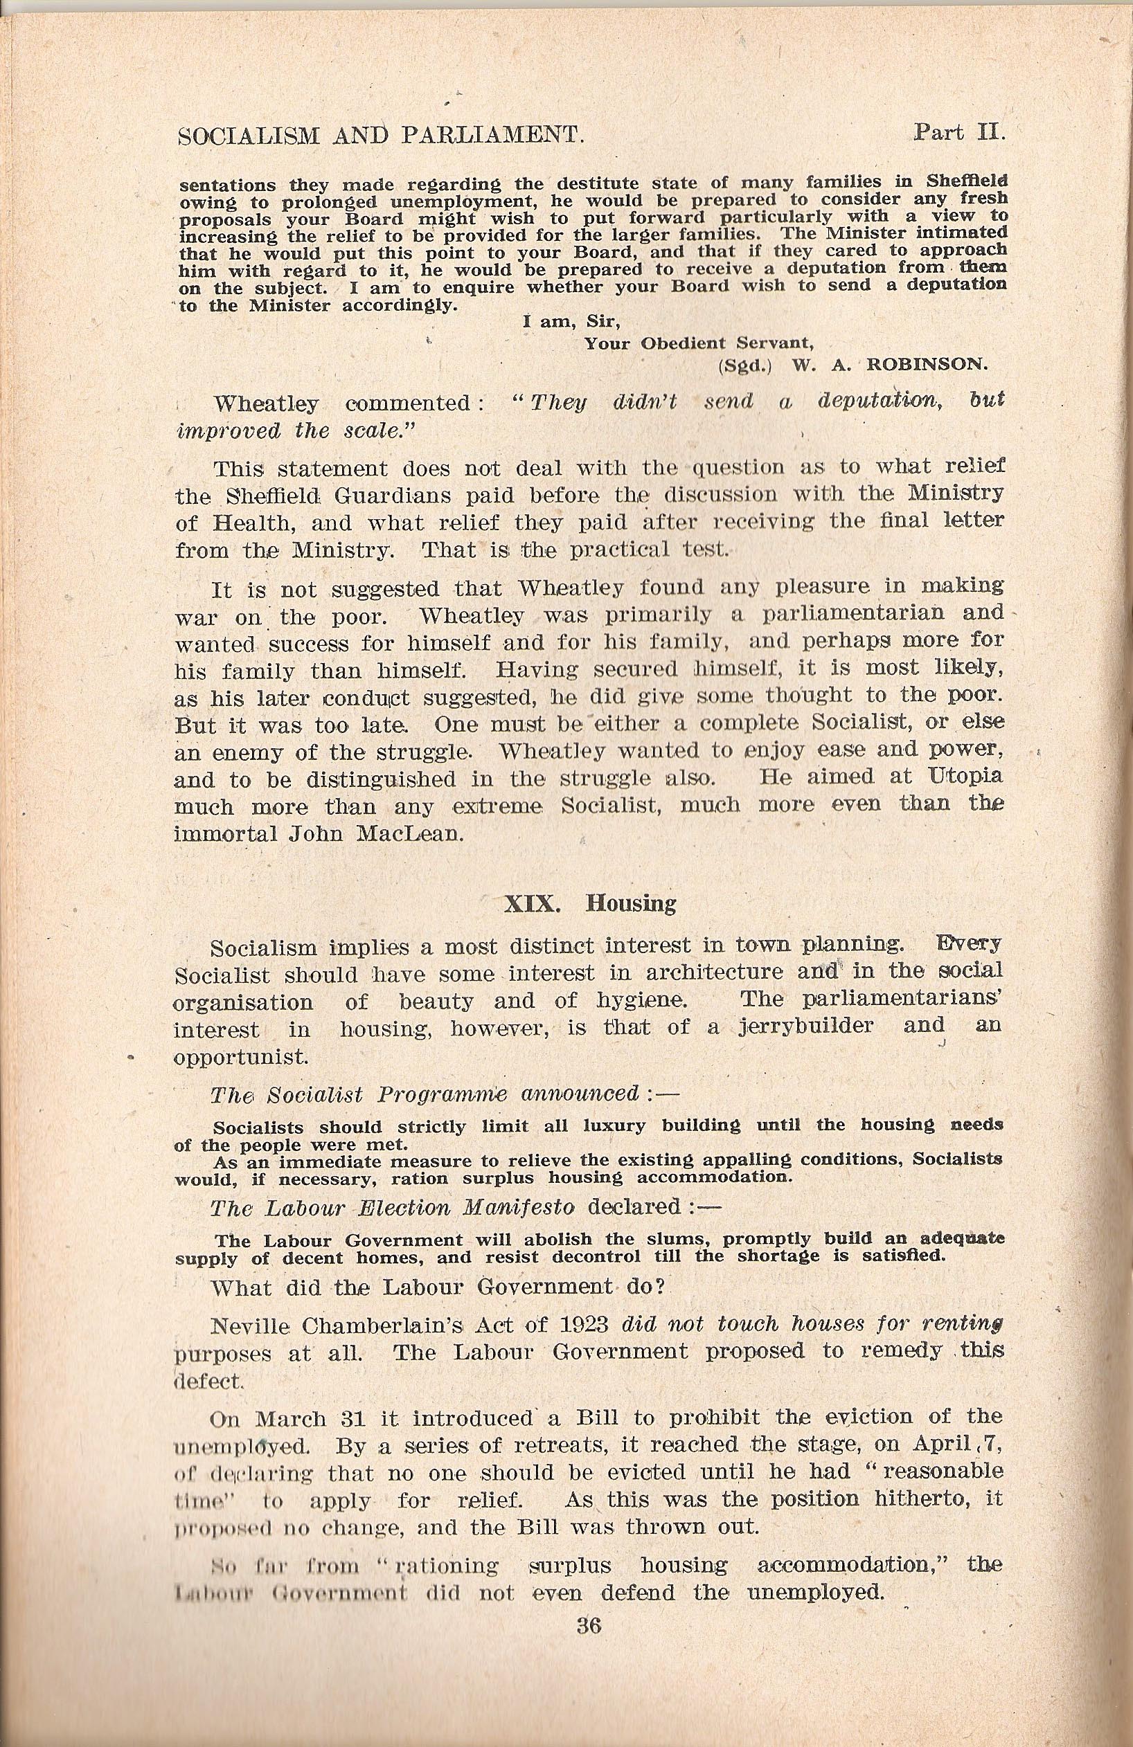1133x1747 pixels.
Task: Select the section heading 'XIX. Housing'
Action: pos(589,903)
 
